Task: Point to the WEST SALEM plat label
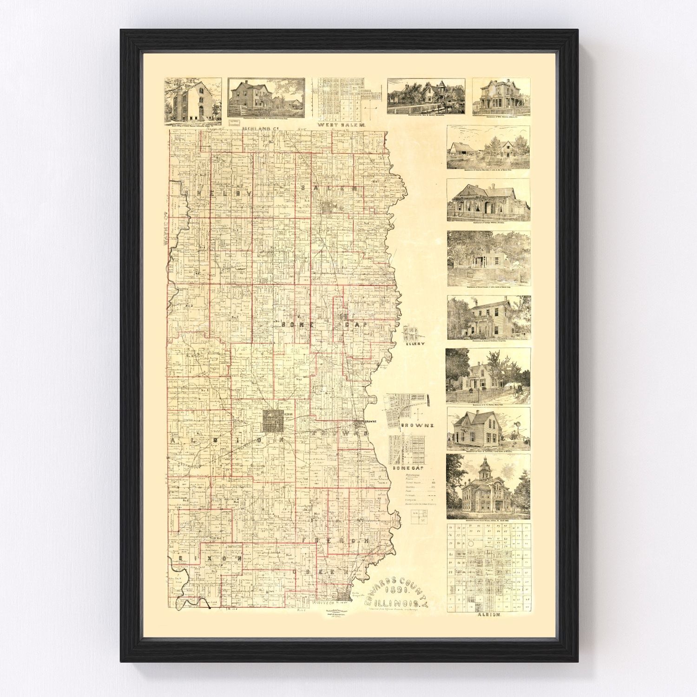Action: [342, 125]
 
